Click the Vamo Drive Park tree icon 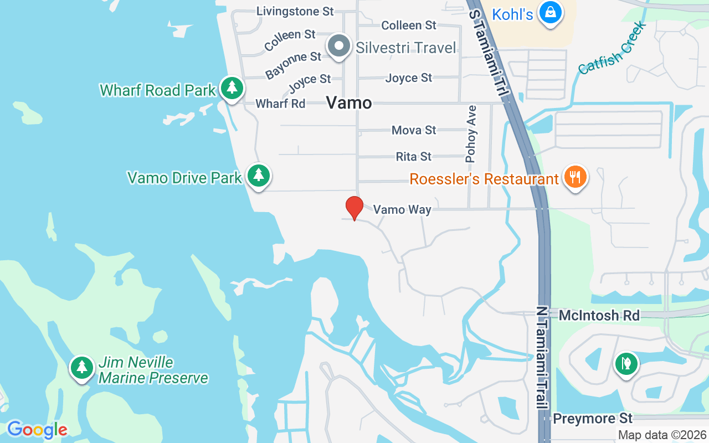point(258,176)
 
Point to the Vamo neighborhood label point(349,102)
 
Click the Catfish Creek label point(612,48)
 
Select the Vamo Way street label point(402,209)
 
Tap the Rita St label point(414,157)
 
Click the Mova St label point(414,130)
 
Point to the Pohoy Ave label point(471,134)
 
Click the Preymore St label point(593,418)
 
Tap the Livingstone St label point(295,11)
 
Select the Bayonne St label point(293,65)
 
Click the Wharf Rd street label point(280,104)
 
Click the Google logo point(37,429)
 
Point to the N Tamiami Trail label point(542,357)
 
